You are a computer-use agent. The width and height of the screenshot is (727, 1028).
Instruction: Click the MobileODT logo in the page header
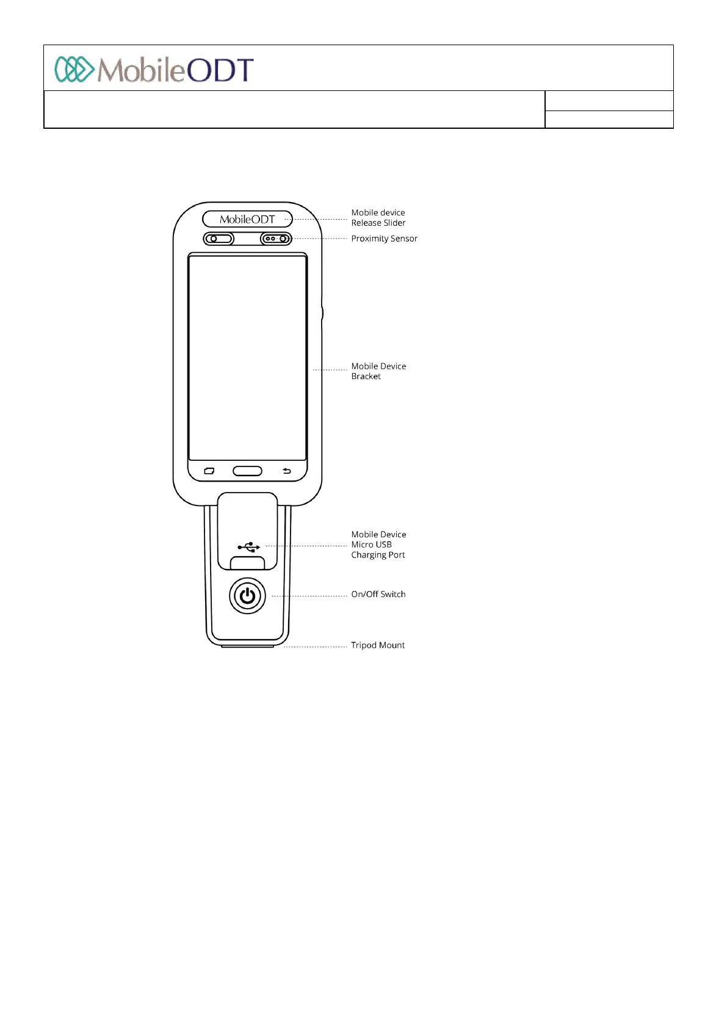154,70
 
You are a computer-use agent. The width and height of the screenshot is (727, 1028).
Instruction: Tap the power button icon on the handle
247,596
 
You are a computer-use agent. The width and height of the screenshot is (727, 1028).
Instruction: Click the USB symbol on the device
249,547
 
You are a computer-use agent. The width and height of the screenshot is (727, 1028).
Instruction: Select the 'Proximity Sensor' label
384,239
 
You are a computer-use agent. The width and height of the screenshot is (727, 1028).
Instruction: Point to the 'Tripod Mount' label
377,645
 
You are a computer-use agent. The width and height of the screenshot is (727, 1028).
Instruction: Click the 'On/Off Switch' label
378,594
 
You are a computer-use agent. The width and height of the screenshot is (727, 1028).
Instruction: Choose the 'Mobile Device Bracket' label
378,371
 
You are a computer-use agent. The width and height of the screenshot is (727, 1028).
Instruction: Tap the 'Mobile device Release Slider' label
378,218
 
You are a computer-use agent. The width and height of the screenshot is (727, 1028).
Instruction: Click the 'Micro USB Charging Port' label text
378,545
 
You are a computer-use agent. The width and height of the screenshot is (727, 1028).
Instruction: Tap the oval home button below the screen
247,471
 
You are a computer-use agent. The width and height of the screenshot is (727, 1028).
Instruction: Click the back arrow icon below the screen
287,471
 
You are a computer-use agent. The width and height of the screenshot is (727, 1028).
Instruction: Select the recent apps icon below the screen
209,471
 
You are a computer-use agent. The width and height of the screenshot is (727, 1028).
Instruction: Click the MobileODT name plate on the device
247,219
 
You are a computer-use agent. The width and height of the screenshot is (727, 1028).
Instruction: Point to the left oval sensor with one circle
219,239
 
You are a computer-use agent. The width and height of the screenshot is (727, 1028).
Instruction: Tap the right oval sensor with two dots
276,239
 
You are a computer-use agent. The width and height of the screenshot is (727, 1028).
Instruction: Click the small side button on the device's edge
322,313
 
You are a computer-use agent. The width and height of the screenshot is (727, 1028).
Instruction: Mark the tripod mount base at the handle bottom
247,645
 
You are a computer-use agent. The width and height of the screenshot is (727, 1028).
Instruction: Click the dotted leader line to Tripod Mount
316,646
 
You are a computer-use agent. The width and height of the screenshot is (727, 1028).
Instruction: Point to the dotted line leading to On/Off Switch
309,595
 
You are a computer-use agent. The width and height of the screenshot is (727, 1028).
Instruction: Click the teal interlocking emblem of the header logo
74,70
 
